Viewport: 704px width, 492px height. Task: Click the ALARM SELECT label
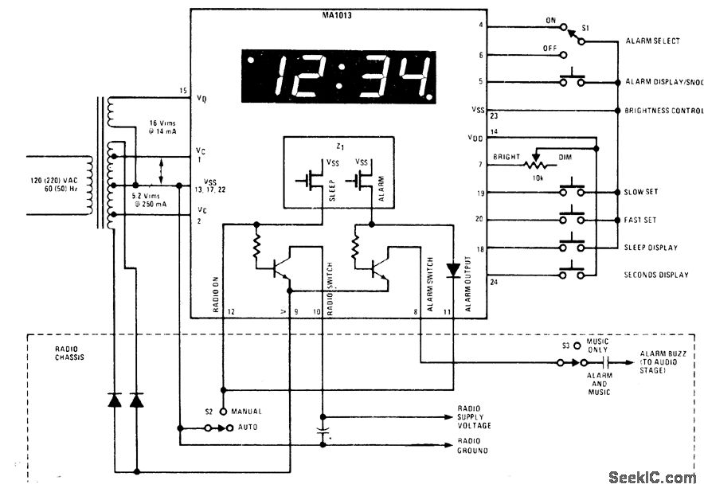tap(652, 41)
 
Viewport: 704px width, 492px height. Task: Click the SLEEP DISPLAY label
tap(651, 248)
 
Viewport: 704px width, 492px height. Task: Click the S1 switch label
tap(585, 28)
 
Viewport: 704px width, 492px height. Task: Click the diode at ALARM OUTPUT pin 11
tap(453, 271)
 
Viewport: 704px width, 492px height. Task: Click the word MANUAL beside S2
tap(246, 412)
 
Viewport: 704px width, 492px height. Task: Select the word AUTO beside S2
tap(246, 428)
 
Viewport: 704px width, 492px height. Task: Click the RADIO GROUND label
tap(473, 446)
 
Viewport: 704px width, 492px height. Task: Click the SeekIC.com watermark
tap(651, 478)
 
